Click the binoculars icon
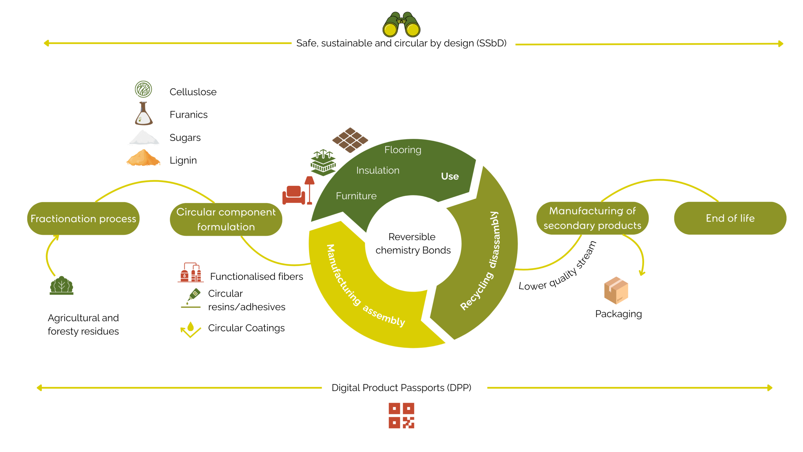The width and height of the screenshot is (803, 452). pos(401,25)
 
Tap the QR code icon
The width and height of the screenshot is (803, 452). pos(401,415)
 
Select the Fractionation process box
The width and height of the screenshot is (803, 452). pos(83,218)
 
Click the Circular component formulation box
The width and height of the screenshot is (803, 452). pos(226,219)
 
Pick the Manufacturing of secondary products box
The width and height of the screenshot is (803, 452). pos(592,218)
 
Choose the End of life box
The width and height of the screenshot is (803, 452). pos(730,218)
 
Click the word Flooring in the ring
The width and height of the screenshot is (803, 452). pos(403,150)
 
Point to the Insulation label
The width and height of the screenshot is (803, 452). pos(378,170)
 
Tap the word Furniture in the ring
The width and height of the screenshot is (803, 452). pos(356,196)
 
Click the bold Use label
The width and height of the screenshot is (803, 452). pos(450,176)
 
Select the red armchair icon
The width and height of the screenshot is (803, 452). pos(294,195)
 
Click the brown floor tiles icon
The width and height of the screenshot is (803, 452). pos(350,140)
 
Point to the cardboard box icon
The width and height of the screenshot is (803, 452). pos(616,290)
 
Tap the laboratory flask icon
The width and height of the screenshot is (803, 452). pos(144,114)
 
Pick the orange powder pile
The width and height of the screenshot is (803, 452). pos(143,158)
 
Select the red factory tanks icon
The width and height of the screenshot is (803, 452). pos(191,272)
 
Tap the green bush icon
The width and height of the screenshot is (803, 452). pos(61,286)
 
